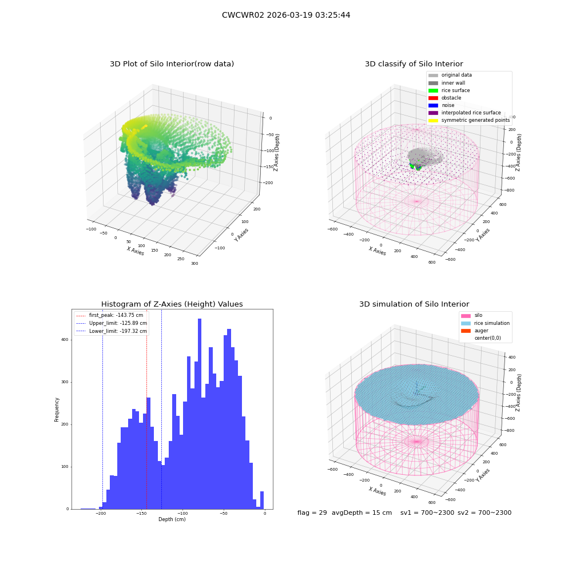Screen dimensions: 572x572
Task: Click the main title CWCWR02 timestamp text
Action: click(286, 15)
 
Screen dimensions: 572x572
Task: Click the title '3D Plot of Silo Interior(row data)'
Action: click(172, 64)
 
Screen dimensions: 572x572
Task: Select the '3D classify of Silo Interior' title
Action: click(414, 64)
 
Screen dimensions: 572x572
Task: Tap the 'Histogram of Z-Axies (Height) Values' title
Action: click(172, 304)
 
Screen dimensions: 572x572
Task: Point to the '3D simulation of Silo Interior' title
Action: click(414, 304)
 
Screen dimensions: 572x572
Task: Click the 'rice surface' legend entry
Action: click(449, 90)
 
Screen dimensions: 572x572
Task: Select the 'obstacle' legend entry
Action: click(444, 98)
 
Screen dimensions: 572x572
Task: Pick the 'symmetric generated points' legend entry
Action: click(469, 120)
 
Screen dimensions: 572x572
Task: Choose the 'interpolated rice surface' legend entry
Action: click(464, 113)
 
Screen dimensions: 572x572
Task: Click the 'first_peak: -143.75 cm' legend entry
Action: click(110, 315)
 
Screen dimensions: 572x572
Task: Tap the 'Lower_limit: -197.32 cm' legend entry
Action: click(112, 331)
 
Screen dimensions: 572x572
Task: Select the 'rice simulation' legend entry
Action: click(485, 323)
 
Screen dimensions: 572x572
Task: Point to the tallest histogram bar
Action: click(200, 414)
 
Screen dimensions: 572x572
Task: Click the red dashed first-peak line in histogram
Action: click(146, 409)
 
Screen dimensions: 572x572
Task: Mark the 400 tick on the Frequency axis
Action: click(65, 340)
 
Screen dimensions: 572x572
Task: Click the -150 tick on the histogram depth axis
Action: click(141, 513)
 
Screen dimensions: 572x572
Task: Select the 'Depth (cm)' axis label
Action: click(172, 519)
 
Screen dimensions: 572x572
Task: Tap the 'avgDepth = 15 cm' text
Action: click(362, 513)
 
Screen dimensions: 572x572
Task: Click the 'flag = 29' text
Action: click(312, 513)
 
